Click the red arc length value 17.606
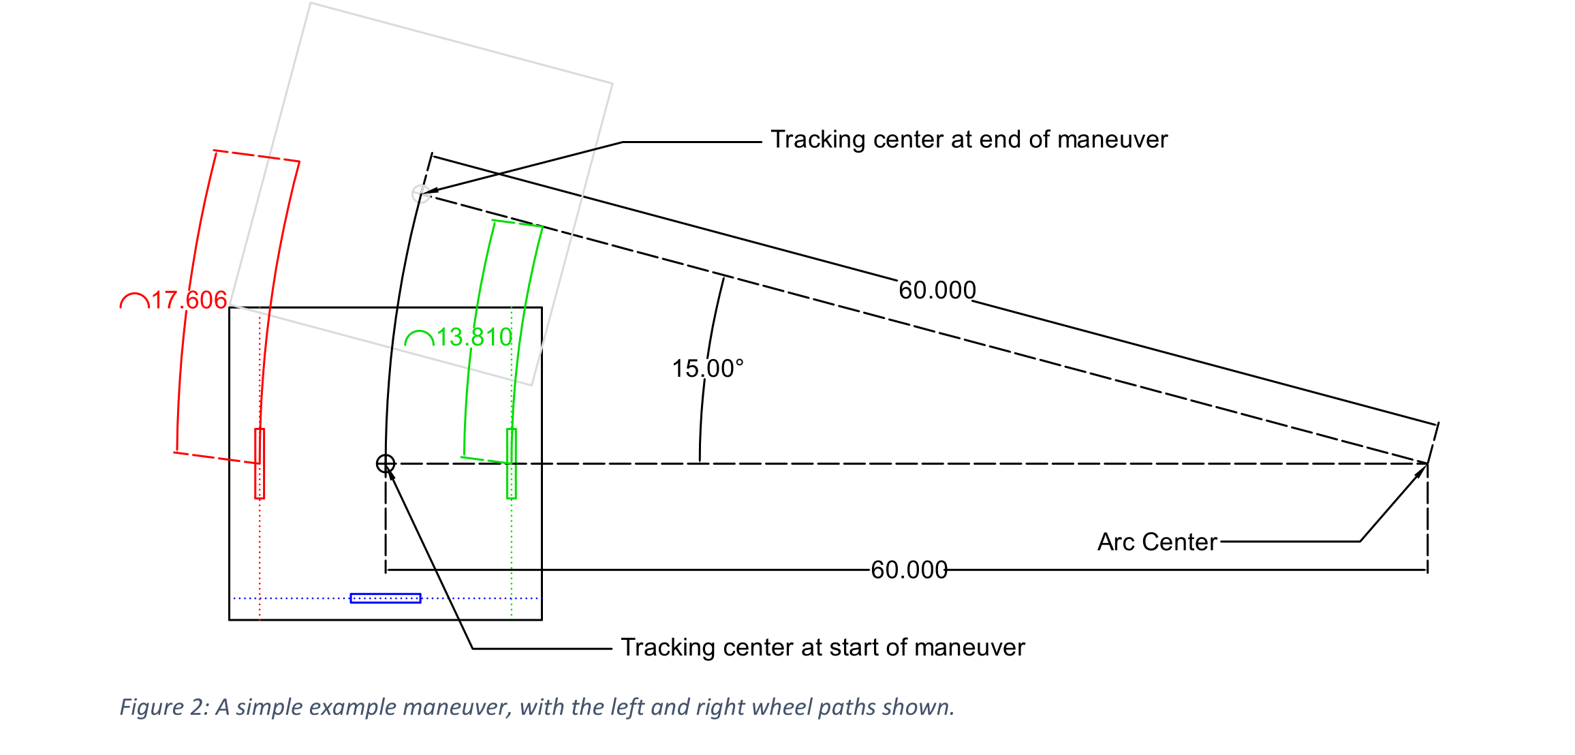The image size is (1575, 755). coord(189,300)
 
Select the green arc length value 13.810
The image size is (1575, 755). coord(474,337)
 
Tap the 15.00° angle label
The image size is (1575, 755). coord(707,369)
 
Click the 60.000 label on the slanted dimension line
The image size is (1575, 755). coord(937,290)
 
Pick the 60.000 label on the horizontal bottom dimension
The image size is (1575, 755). coord(909,570)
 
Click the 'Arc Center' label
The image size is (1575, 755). coord(1157,542)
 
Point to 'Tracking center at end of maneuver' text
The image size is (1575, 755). coord(969,140)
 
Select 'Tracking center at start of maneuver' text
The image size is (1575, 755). coord(822,647)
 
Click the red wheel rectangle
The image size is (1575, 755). coord(260,463)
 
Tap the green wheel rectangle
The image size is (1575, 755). coord(512,463)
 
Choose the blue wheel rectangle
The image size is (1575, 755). coord(386,598)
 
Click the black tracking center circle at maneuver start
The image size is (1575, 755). coord(386,463)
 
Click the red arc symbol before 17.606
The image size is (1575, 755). coord(134,301)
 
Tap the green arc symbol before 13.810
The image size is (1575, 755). coord(419,338)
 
